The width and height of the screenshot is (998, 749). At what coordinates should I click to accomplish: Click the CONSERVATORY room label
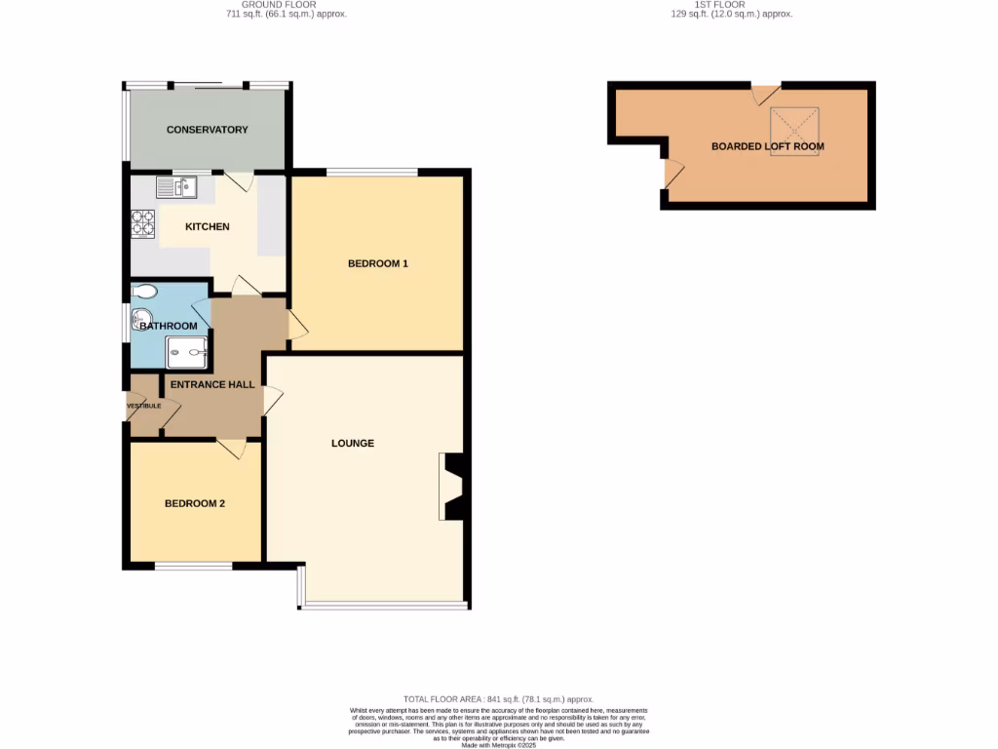[x=207, y=130]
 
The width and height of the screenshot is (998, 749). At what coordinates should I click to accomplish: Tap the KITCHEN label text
[x=208, y=227]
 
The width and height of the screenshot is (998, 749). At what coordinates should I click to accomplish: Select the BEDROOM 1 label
[x=378, y=263]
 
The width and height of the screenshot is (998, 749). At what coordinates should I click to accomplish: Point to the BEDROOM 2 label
[x=195, y=504]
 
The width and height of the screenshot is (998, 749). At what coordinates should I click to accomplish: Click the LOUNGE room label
[x=353, y=443]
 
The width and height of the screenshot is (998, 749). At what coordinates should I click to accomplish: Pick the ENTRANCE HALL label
[x=212, y=384]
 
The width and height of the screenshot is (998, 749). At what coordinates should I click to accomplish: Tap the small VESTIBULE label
[x=143, y=406]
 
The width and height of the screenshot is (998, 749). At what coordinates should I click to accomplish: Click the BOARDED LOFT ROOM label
[x=767, y=147]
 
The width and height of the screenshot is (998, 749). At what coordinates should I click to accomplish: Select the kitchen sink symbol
[x=176, y=185]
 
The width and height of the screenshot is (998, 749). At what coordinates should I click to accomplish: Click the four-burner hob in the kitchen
[x=143, y=225]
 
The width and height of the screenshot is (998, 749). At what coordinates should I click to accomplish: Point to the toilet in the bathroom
[x=143, y=291]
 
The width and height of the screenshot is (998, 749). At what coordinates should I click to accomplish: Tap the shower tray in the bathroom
[x=187, y=352]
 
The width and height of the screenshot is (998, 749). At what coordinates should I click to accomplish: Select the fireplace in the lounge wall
[x=451, y=487]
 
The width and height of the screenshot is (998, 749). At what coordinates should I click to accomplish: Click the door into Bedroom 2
[x=232, y=449]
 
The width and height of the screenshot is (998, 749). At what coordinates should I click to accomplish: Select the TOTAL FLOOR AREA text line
[x=499, y=699]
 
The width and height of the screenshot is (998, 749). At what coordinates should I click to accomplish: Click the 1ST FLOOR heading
[x=721, y=9]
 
